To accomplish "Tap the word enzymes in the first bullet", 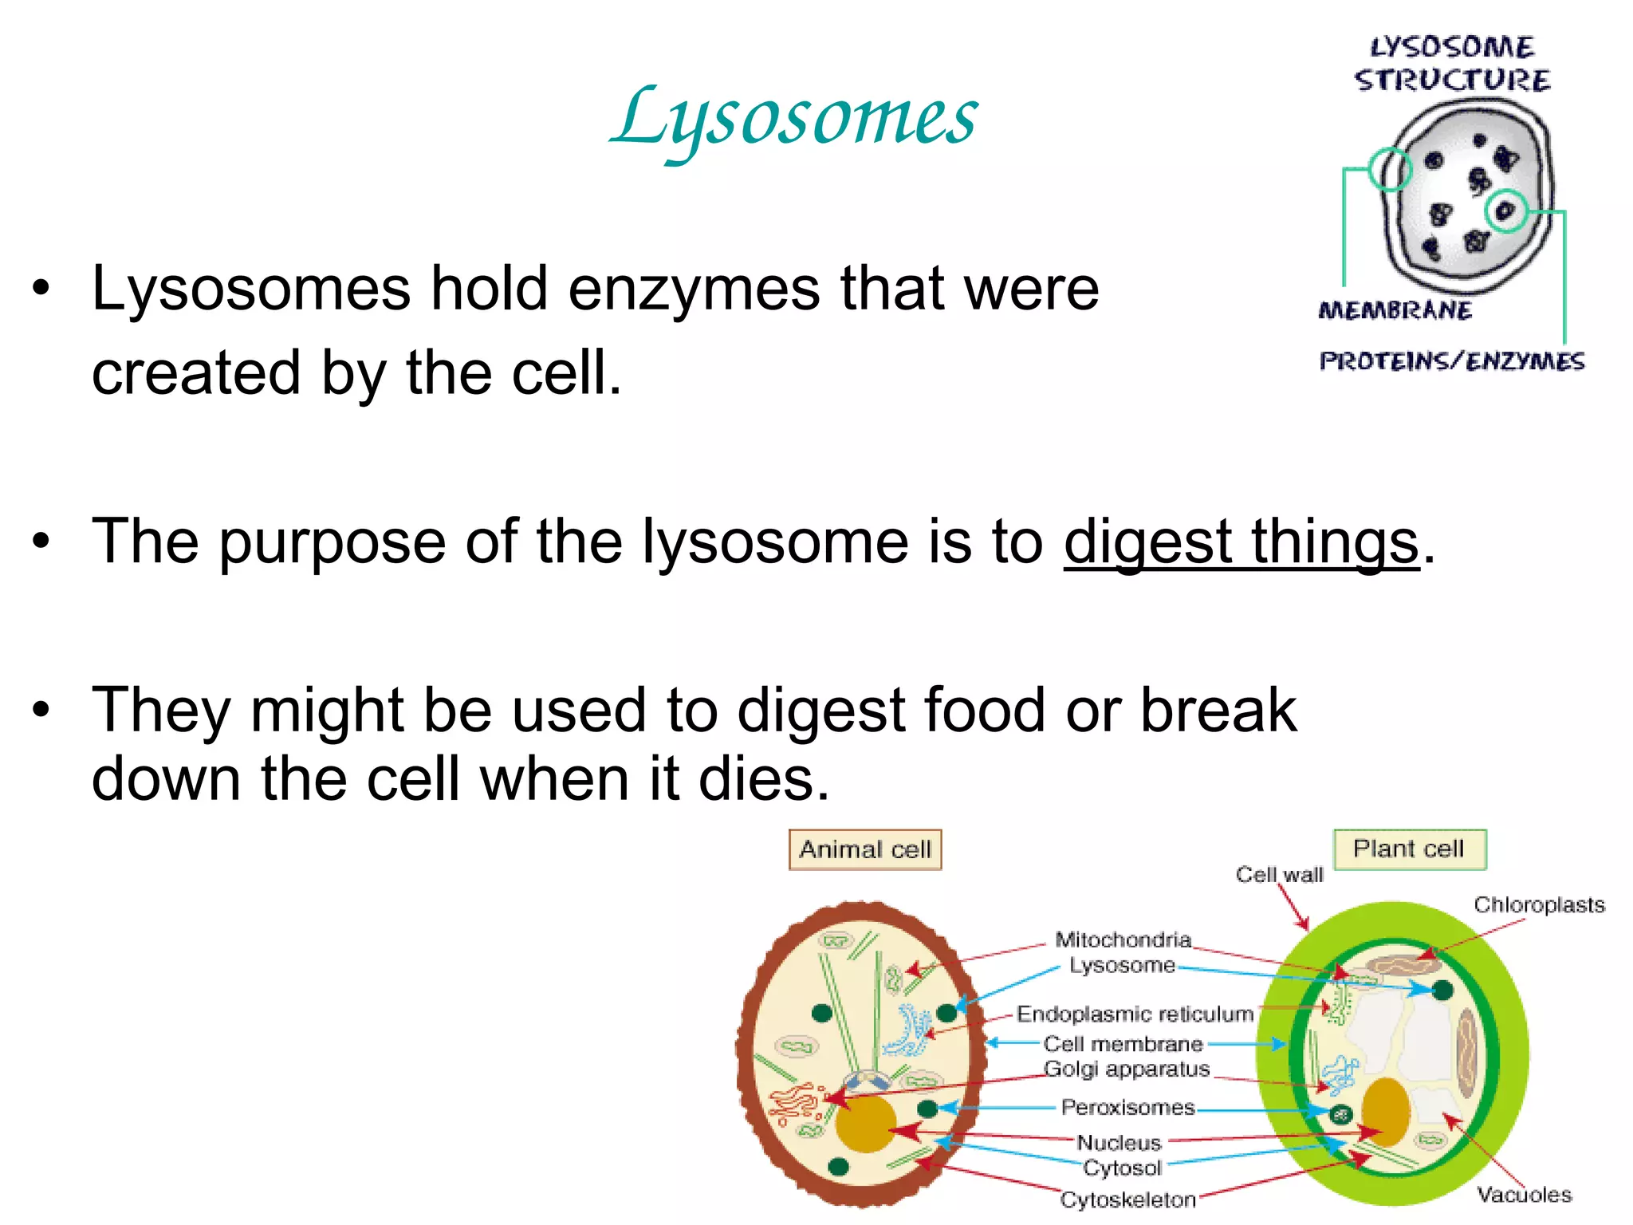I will click(x=694, y=289).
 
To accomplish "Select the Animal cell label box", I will click(x=865, y=849).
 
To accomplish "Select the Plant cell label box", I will click(x=1409, y=849).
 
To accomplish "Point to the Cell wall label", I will click(x=1279, y=875).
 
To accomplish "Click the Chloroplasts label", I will click(x=1538, y=905).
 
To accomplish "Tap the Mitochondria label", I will click(x=1123, y=939).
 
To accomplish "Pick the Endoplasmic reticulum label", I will click(x=1135, y=1014).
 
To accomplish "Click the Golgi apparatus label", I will click(x=1127, y=1069).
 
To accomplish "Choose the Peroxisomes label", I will click(x=1127, y=1108).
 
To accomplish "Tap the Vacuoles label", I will click(x=1523, y=1195).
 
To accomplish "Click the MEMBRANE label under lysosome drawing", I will click(x=1395, y=310).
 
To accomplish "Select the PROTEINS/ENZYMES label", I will click(x=1451, y=361).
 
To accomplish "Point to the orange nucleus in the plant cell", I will click(x=1386, y=1113).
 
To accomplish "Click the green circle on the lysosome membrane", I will click(x=1390, y=169).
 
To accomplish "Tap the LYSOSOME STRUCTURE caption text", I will click(x=1452, y=64).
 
